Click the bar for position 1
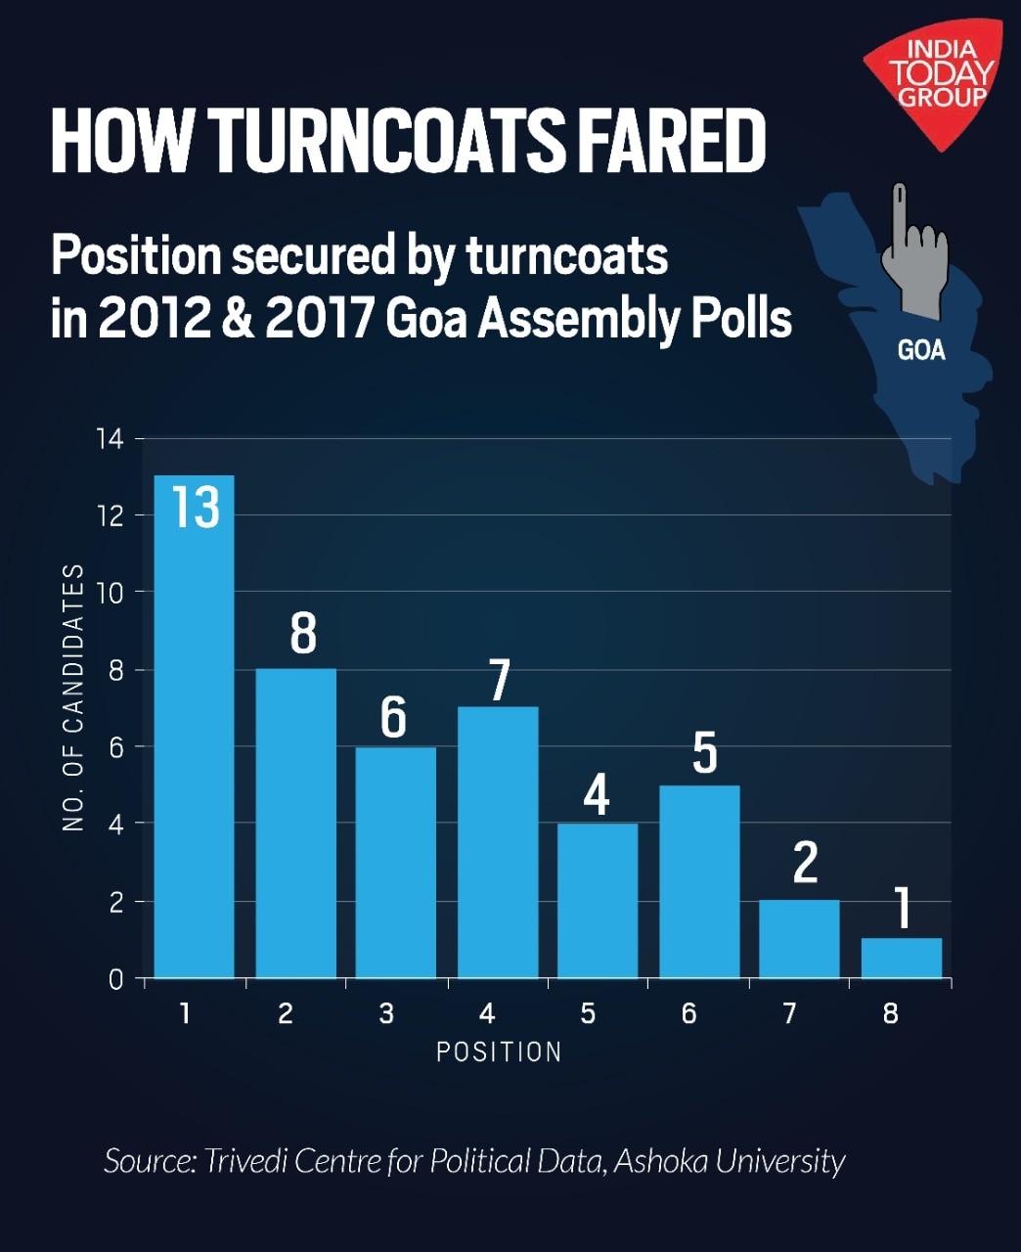(x=194, y=743)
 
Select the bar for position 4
(x=498, y=841)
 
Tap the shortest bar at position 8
(x=901, y=959)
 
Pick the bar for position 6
(x=699, y=880)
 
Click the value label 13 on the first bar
(x=196, y=507)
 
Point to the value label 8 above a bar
(x=303, y=634)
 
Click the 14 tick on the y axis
(x=111, y=439)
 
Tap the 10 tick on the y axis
(x=111, y=593)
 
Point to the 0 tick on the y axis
(x=116, y=979)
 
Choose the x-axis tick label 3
(x=386, y=1013)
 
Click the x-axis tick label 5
(x=588, y=1013)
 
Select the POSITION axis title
(x=499, y=1052)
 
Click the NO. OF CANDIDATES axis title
(x=74, y=697)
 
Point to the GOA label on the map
(x=921, y=350)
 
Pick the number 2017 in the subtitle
(x=321, y=319)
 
